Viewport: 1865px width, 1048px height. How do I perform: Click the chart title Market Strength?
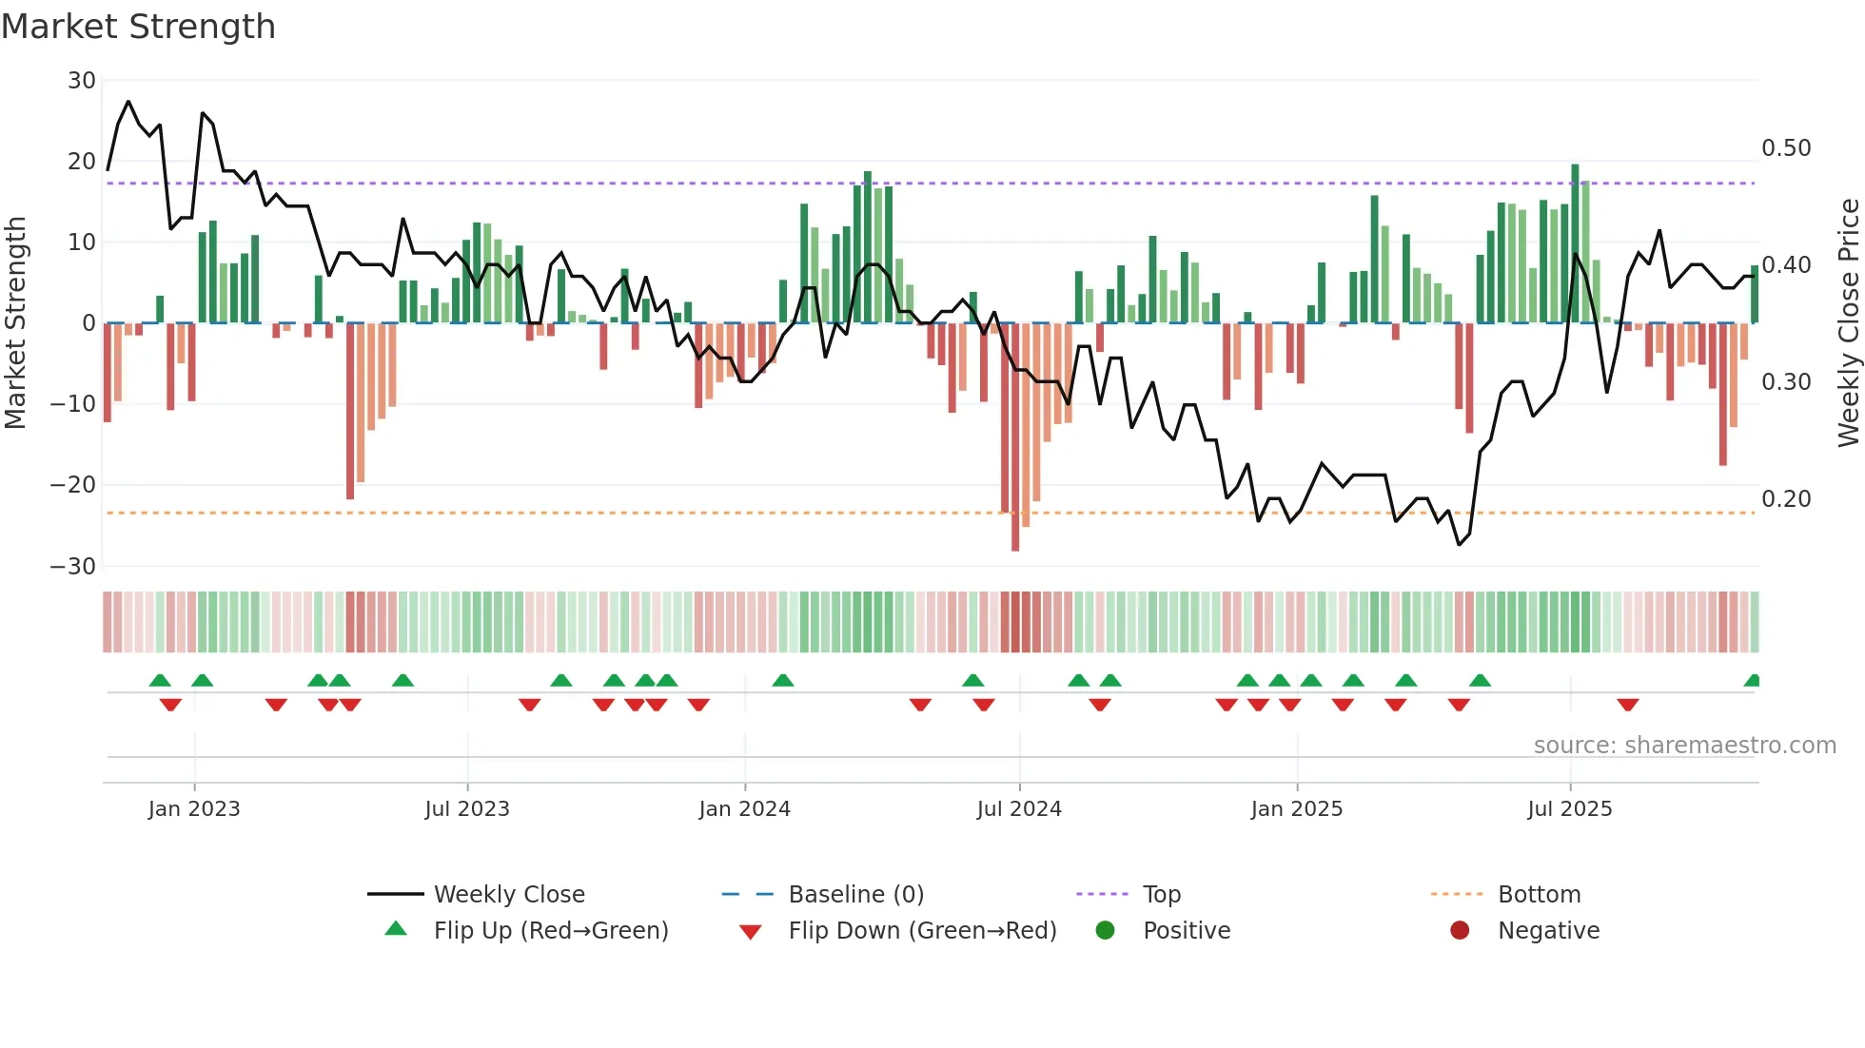pyautogui.click(x=138, y=27)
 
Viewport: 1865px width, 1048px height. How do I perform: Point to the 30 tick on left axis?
pyautogui.click(x=82, y=81)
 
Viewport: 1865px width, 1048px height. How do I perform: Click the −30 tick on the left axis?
pyautogui.click(x=73, y=567)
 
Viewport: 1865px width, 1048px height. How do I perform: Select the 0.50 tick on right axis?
pyautogui.click(x=1786, y=148)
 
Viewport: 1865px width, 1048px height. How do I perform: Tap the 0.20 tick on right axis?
pyautogui.click(x=1786, y=499)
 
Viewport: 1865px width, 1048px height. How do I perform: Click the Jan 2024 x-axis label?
pyautogui.click(x=744, y=809)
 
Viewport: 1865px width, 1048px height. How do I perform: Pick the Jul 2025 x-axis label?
pyautogui.click(x=1570, y=809)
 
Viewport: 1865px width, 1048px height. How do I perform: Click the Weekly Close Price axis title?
pyautogui.click(x=1848, y=323)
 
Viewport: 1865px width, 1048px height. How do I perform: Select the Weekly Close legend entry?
pyautogui.click(x=509, y=895)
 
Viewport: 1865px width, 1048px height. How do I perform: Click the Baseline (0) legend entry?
pyautogui.click(x=855, y=895)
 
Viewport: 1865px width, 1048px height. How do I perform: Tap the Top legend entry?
pyautogui.click(x=1161, y=895)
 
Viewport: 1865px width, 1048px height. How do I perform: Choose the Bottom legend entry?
pyautogui.click(x=1539, y=895)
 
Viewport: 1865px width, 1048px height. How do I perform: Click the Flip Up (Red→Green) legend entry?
pyautogui.click(x=551, y=931)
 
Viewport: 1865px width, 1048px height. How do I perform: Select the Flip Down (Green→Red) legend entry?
pyautogui.click(x=922, y=931)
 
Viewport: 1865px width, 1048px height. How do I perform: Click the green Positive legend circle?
pyautogui.click(x=1105, y=931)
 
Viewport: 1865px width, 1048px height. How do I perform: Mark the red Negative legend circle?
pyautogui.click(x=1460, y=931)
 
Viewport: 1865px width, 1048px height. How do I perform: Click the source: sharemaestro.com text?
pyautogui.click(x=1684, y=746)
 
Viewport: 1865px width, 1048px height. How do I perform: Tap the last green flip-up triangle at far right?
pyautogui.click(x=1753, y=681)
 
